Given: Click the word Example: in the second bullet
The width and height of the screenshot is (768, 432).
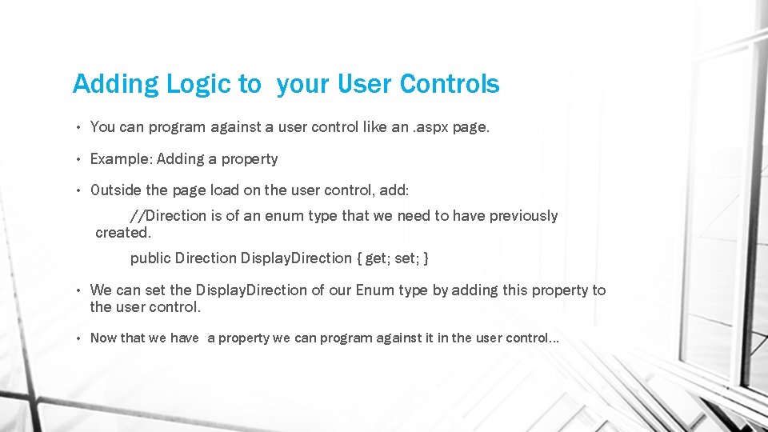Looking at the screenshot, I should pos(121,159).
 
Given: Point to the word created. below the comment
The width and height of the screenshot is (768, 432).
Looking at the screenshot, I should pos(123,233).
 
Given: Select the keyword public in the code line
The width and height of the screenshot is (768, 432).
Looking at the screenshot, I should pos(150,258).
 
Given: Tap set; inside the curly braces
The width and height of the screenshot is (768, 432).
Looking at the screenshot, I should pos(408,258).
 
